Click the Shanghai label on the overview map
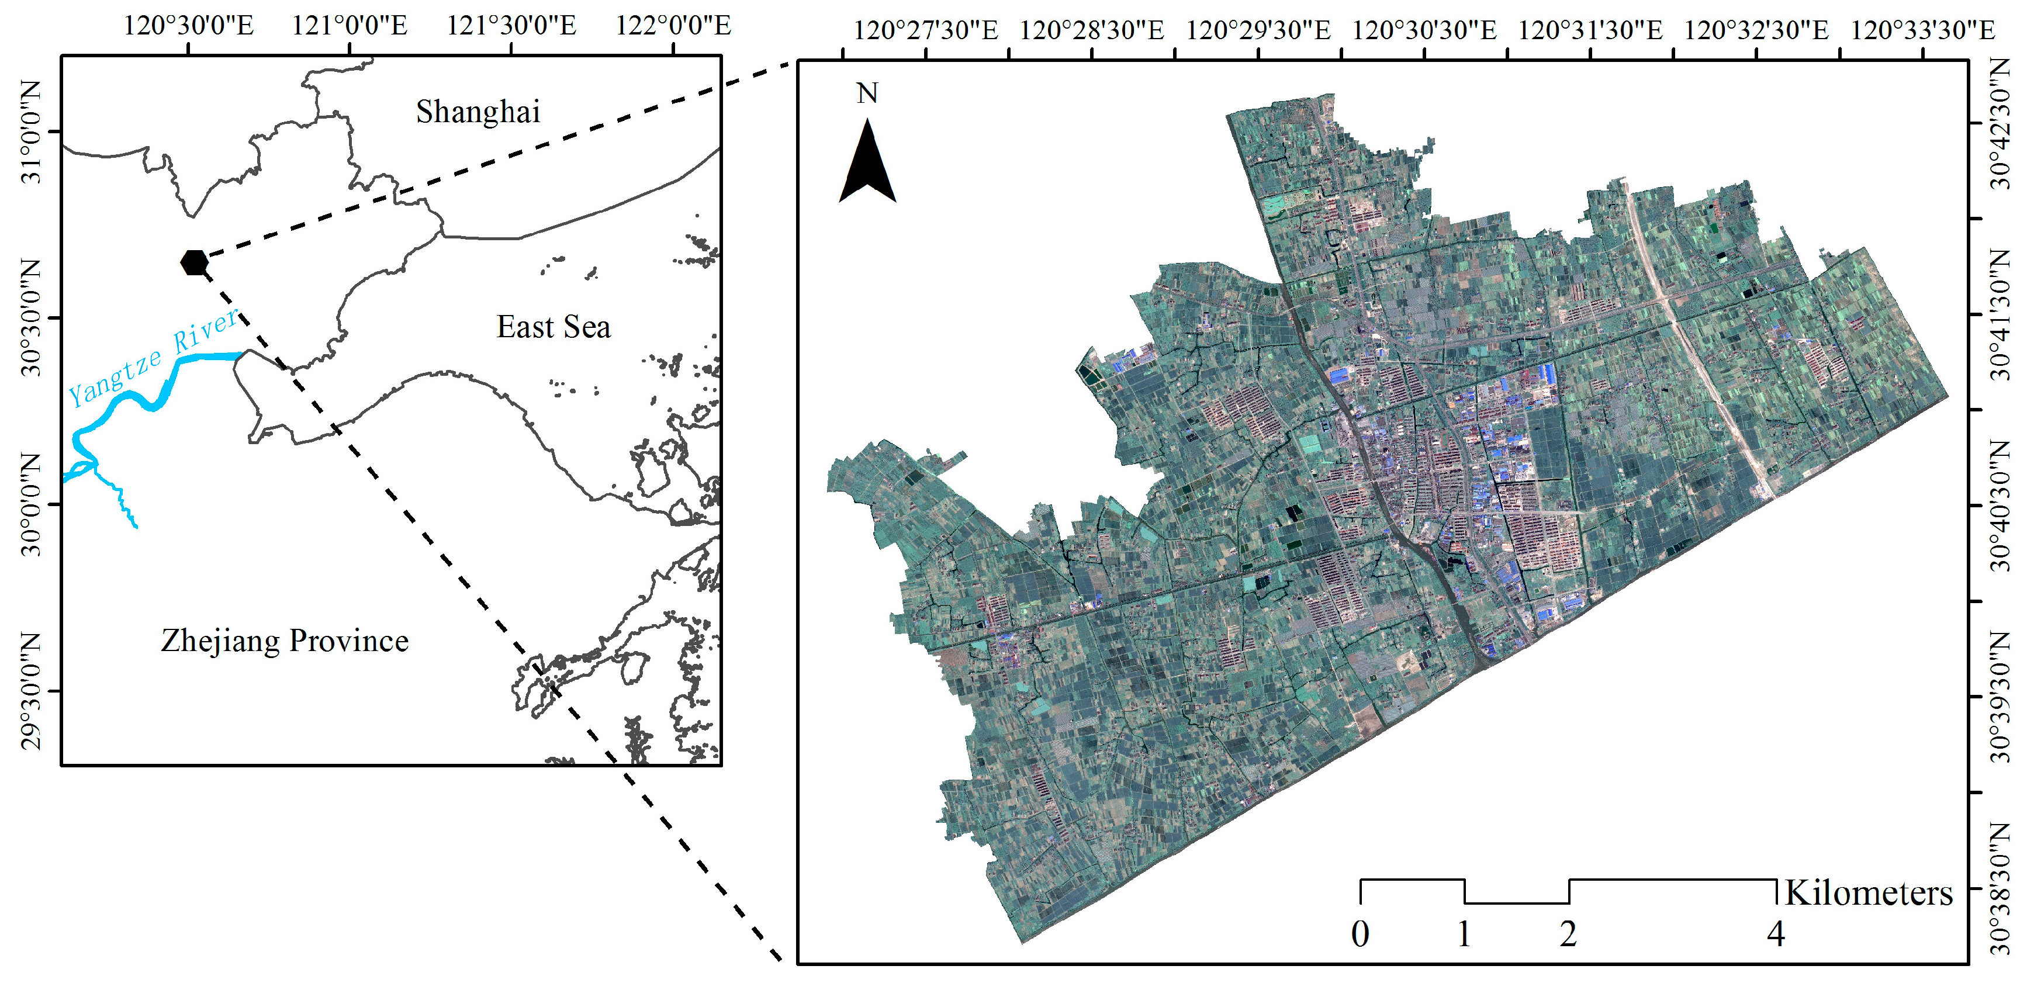click(478, 112)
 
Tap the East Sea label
click(553, 327)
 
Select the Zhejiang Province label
click(285, 641)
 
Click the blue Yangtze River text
click(154, 358)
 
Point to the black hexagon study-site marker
click(193, 262)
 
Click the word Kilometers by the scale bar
click(1869, 892)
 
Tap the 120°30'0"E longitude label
click(189, 25)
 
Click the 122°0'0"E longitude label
click(673, 25)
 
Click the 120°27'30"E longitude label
click(925, 31)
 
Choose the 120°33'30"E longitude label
click(1922, 31)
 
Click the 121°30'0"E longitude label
click(511, 25)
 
